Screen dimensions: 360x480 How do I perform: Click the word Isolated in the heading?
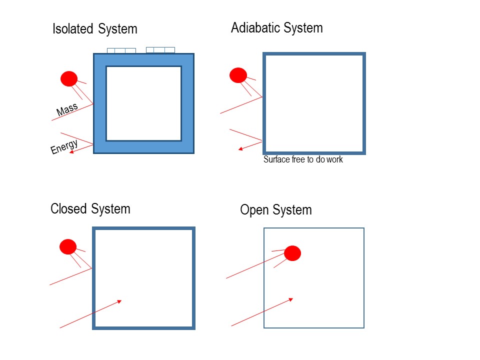tap(73, 29)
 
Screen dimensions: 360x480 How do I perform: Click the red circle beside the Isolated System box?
tap(69, 79)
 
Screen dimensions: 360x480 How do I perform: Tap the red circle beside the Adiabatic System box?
tap(238, 75)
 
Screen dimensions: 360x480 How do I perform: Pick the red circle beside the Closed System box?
tap(68, 247)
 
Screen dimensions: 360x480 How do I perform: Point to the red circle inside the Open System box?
tap(292, 253)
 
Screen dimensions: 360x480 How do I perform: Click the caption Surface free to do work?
tap(303, 160)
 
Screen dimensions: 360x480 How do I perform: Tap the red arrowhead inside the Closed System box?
tap(119, 301)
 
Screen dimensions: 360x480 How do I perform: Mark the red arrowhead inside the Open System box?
tap(290, 299)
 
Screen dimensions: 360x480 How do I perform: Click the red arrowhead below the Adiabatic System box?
tap(240, 148)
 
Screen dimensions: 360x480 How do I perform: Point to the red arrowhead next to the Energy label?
tap(71, 152)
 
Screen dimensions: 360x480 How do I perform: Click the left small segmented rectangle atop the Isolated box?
tap(121, 50)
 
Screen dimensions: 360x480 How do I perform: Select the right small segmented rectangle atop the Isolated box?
tap(160, 49)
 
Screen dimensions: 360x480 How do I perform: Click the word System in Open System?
tap(292, 209)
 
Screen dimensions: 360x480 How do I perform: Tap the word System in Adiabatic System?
tap(303, 27)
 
